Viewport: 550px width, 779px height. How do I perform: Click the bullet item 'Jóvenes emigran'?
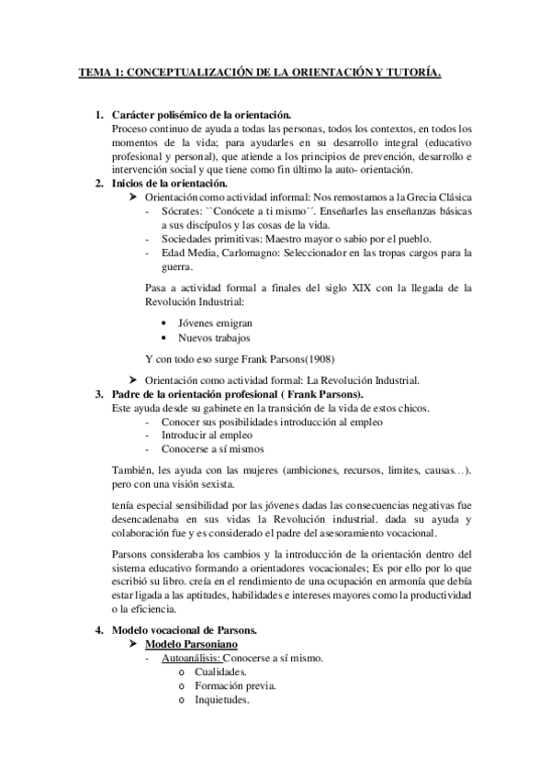[x=215, y=323]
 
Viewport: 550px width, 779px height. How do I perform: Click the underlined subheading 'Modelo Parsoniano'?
[x=191, y=646]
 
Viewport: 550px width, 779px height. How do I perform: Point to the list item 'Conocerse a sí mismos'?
[x=212, y=449]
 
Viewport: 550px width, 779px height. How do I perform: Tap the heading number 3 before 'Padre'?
[x=99, y=394]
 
